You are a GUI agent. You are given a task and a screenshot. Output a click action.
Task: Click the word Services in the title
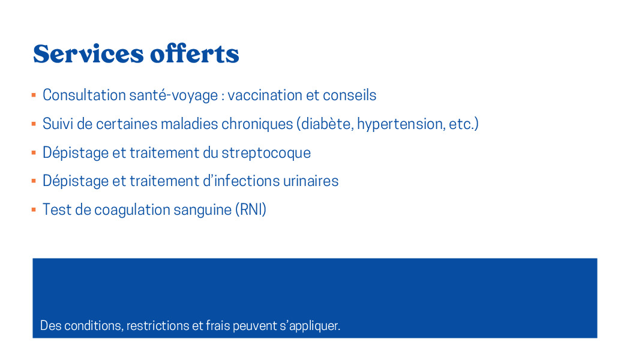coord(88,54)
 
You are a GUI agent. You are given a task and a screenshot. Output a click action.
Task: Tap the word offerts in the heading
coord(195,53)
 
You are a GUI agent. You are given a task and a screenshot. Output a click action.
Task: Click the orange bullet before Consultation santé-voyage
coord(34,95)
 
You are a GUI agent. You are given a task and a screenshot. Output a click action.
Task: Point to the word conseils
coord(350,95)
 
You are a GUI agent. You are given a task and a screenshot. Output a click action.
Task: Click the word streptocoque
coord(266,153)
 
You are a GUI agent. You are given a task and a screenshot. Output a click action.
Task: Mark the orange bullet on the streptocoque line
coord(34,152)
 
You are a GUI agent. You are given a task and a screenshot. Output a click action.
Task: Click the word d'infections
coord(241,181)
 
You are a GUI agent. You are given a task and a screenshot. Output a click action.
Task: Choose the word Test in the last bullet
coord(57,210)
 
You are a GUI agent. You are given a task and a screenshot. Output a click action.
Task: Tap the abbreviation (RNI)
coord(251,210)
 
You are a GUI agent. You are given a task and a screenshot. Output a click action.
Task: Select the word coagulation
coord(132,210)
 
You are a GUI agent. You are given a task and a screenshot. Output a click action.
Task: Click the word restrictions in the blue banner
coord(158,325)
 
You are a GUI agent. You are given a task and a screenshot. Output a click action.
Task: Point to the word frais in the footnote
coord(218,325)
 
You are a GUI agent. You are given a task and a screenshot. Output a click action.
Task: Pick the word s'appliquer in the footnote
coord(310,326)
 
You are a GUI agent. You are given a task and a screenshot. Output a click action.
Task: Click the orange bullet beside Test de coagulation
coord(34,210)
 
